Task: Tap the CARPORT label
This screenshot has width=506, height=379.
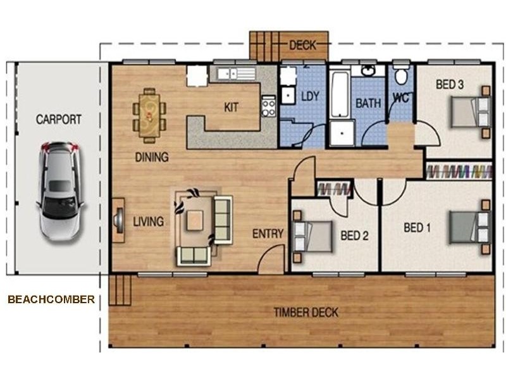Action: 58,119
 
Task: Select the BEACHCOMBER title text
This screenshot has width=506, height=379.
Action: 51,299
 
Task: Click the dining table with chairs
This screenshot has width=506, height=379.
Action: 150,114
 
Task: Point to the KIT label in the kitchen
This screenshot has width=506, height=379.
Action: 231,107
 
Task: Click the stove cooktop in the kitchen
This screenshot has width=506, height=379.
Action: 268,106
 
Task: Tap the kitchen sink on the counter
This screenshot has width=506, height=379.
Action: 228,74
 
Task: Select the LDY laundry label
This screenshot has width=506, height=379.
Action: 310,97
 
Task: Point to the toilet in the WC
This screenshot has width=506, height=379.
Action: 400,76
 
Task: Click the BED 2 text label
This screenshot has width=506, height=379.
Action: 354,236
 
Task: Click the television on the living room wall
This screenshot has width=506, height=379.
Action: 117,220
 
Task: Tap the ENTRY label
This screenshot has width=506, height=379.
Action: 268,234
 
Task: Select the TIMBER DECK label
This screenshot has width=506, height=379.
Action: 305,312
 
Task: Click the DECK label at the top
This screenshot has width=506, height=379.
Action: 302,45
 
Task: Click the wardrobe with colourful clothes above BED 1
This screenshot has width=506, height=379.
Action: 459,171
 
